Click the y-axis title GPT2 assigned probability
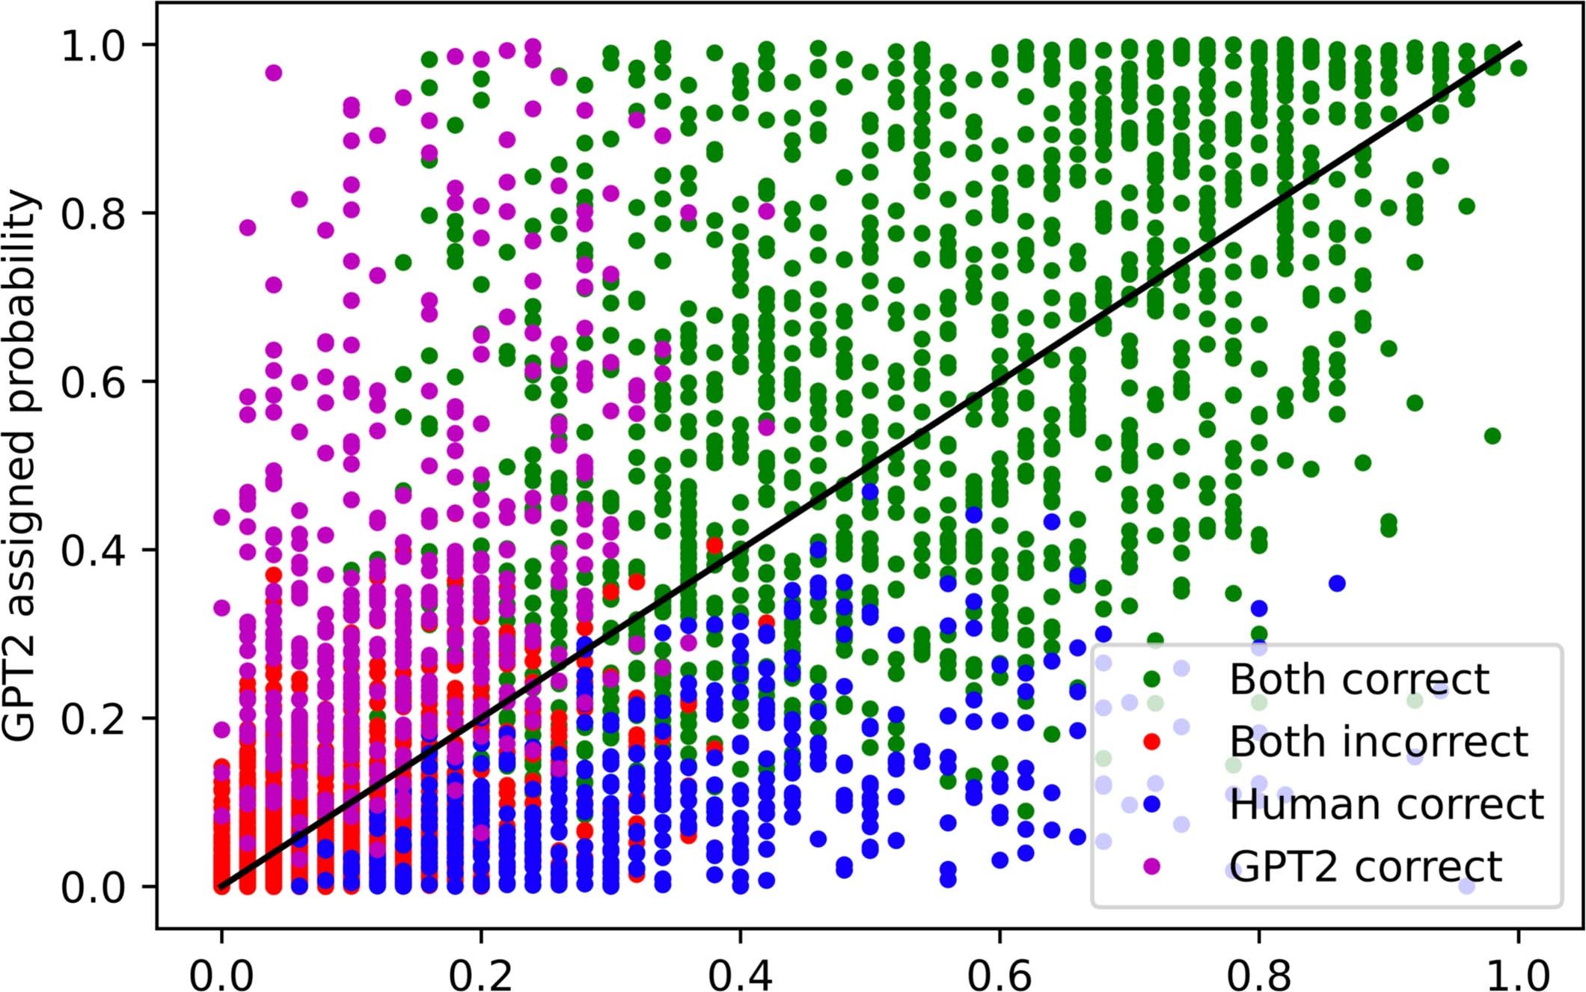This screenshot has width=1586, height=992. coord(21,465)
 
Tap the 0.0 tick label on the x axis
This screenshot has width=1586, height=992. coord(221,975)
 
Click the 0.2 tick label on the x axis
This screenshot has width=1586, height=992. coord(481,975)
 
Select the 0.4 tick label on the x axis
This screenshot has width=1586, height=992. coord(740,975)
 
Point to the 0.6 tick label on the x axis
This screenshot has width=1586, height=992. coord(999,975)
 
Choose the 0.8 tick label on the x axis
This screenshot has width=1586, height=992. coord(1259,975)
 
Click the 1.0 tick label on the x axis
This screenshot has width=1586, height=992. coord(1518,975)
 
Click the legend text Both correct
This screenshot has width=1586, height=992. coord(1359,679)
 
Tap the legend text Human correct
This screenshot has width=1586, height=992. coord(1386,804)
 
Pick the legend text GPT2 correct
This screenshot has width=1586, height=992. coord(1365,866)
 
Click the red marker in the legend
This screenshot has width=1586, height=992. coord(1152,741)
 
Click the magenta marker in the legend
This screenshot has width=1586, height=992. coord(1152,866)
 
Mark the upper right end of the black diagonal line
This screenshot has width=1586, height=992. coord(1519,43)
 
